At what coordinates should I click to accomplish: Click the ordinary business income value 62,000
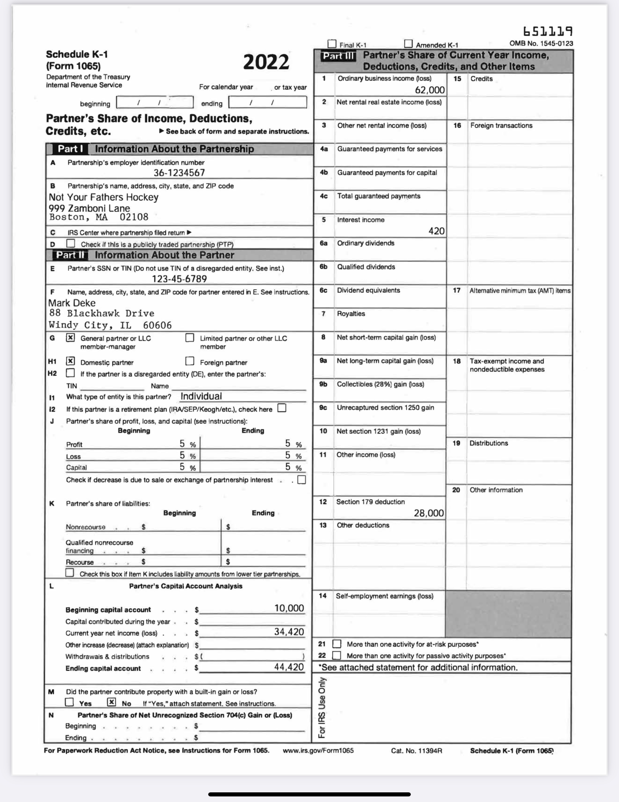429,90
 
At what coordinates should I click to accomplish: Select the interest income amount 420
436,231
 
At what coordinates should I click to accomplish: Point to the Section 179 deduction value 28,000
429,513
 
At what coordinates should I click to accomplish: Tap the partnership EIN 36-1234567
179,173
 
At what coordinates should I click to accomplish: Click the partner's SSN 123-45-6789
179,279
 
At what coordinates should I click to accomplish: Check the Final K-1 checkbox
332,44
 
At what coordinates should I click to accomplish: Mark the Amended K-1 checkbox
408,44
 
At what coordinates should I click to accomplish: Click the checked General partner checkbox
71,337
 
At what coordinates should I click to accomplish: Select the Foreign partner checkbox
190,361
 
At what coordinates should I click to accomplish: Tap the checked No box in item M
111,702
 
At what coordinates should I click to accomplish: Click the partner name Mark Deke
72,303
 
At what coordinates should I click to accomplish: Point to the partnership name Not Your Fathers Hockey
104,197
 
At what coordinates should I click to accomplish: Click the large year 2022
266,62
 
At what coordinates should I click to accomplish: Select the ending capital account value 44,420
289,667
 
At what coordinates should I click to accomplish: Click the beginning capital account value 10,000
289,608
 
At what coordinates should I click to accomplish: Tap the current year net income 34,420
289,632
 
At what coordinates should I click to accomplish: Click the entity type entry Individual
201,396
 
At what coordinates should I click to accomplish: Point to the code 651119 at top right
548,31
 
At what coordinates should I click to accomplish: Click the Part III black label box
338,56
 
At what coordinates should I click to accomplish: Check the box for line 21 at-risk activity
337,644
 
